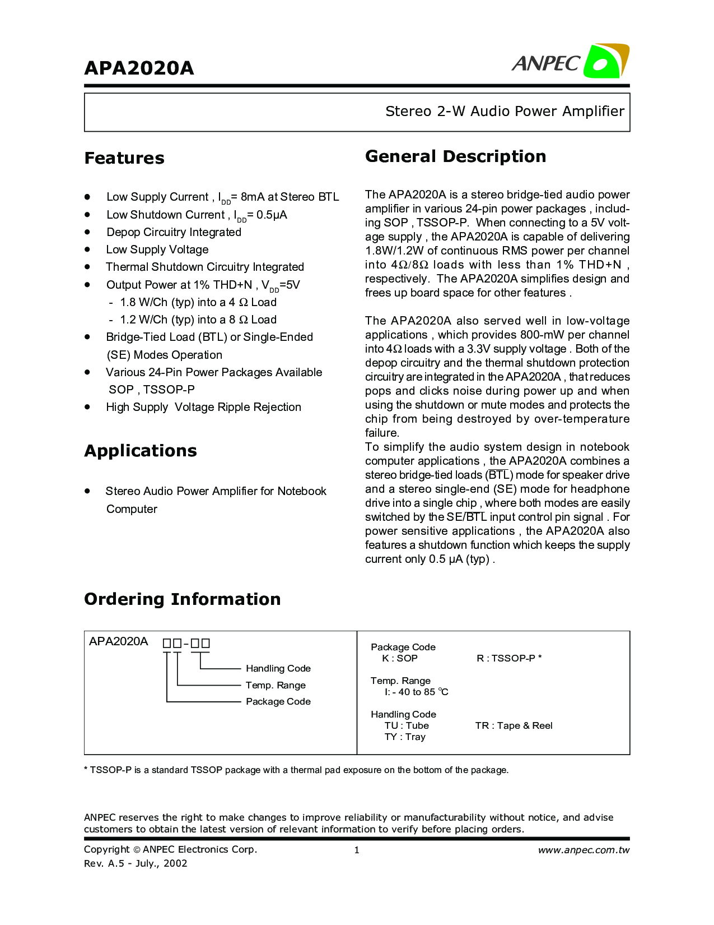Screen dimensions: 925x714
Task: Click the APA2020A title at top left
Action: (x=139, y=68)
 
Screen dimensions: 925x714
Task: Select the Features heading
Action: (x=124, y=158)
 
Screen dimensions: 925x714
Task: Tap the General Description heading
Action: (x=455, y=156)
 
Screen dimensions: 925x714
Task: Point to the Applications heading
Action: (x=141, y=451)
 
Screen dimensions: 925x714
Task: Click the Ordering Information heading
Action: (x=182, y=599)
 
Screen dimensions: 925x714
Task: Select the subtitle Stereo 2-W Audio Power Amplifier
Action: (x=505, y=111)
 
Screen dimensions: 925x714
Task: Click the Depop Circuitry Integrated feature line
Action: (x=174, y=232)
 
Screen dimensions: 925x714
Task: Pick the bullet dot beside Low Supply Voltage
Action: (x=87, y=249)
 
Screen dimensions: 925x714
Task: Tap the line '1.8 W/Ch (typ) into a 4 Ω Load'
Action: (x=198, y=302)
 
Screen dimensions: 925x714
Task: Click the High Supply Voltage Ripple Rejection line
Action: (x=203, y=407)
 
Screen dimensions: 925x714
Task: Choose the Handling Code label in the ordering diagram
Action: (x=278, y=668)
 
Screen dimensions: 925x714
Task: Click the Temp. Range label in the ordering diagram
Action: (x=276, y=685)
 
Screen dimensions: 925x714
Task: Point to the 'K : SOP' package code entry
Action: (x=400, y=658)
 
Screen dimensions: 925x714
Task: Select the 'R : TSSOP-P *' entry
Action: (x=509, y=658)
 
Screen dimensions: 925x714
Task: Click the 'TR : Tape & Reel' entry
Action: (x=514, y=725)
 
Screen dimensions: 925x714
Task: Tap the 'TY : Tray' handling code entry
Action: (x=405, y=737)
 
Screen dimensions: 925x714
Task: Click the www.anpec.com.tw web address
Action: (x=584, y=850)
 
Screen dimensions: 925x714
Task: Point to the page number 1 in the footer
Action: (x=357, y=850)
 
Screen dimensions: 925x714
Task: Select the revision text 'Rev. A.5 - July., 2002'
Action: (x=136, y=863)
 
